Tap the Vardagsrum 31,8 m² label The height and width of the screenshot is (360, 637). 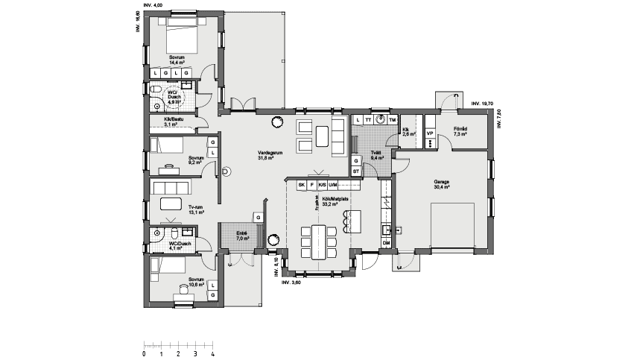267,155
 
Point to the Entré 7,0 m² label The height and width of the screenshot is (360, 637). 243,236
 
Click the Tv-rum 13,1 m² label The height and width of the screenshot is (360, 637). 196,209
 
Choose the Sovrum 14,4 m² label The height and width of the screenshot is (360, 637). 177,60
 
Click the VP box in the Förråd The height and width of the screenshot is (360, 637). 430,133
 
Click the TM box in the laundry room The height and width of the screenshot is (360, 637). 393,119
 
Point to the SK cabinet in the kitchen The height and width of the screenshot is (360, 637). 301,184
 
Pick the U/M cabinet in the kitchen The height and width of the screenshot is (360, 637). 333,184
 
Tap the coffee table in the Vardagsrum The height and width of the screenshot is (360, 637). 322,136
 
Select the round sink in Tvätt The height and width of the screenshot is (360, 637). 380,119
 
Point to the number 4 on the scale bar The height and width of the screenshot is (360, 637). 213,354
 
